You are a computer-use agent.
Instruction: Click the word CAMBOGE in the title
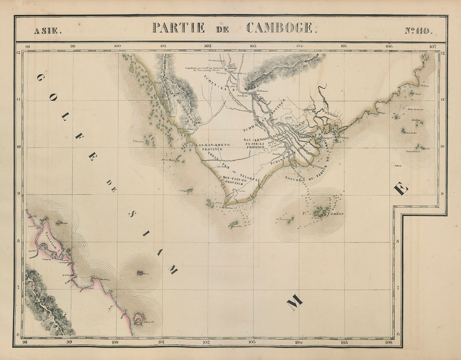(x=279, y=28)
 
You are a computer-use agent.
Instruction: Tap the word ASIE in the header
(x=48, y=30)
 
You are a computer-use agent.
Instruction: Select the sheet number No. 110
(x=419, y=30)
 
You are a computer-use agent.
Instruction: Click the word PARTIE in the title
(x=179, y=28)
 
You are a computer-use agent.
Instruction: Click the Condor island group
(x=321, y=212)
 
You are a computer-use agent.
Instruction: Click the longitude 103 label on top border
(x=253, y=46)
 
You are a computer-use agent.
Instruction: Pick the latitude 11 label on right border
(x=443, y=100)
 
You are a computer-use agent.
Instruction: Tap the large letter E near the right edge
(x=401, y=189)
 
